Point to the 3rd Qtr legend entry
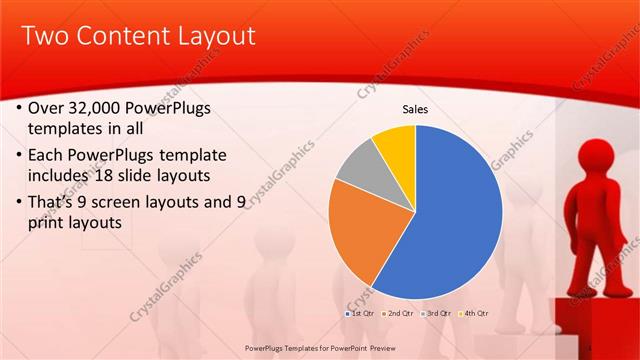pos(436,314)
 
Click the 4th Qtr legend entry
pos(472,314)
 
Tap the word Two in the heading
pos(45,37)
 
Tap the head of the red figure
pos(601,158)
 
